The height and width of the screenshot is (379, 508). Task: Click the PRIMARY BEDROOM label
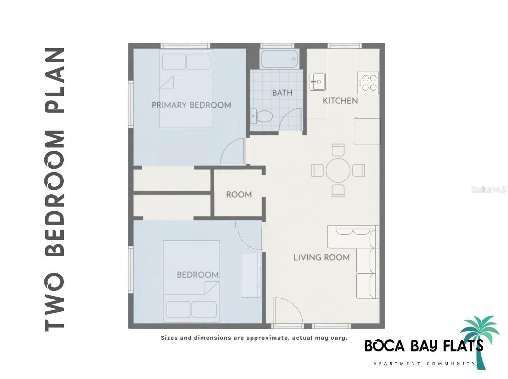(x=191, y=105)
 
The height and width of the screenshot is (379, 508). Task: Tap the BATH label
(x=282, y=93)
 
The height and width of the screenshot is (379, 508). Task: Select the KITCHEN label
(x=340, y=101)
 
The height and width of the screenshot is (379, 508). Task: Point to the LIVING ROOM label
(x=321, y=257)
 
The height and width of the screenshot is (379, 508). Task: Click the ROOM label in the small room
(x=239, y=194)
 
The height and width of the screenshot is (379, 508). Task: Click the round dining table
(x=338, y=170)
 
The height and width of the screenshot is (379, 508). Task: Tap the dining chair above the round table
(x=338, y=149)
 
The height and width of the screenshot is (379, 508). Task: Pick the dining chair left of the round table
(x=318, y=170)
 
